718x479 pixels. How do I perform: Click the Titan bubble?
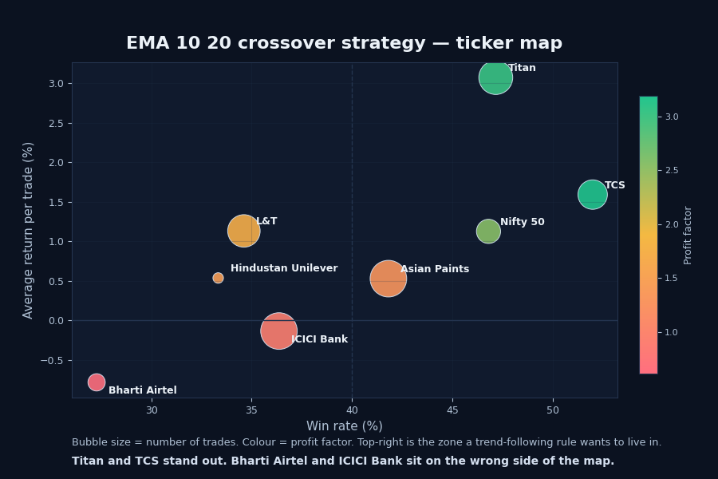[495, 77]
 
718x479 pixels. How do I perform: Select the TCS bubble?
[592, 194]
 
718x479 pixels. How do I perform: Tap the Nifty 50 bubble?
[488, 232]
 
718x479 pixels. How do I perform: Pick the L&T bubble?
[243, 231]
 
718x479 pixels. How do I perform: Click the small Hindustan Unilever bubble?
[218, 278]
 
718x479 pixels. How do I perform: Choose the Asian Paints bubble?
[388, 279]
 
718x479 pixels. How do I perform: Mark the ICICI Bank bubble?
[278, 331]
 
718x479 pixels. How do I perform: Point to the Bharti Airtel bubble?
[97, 382]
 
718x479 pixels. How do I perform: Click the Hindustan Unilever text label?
[284, 269]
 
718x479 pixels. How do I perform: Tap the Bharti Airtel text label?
[143, 391]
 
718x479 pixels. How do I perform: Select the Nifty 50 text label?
[523, 223]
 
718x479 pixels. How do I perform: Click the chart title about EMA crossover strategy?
[344, 44]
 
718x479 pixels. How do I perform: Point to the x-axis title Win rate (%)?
[344, 426]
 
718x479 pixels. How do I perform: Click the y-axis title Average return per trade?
[29, 230]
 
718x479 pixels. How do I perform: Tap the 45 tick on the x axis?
[452, 410]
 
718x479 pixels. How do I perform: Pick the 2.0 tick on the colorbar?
[672, 224]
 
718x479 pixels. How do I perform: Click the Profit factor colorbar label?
[688, 235]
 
